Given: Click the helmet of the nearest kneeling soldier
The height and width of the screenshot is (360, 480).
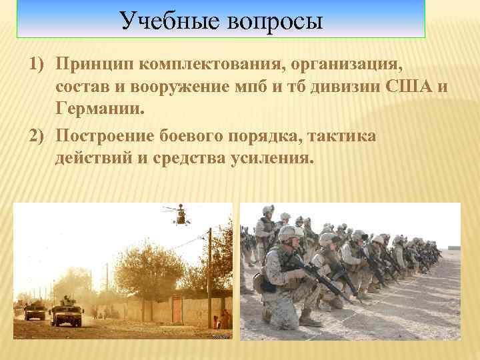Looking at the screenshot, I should point(291,233).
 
